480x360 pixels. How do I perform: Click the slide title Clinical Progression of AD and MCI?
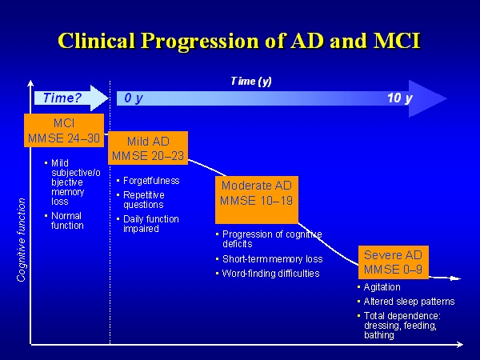coord(240,41)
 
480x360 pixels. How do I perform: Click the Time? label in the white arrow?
coord(63,98)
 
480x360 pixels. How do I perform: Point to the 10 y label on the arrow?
coord(399,98)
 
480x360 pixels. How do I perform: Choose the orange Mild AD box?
coord(147,149)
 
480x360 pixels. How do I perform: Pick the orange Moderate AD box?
coord(257,198)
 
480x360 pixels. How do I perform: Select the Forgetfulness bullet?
coord(151,181)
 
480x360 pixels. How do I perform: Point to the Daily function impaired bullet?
coord(150,224)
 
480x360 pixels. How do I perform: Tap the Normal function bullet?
coord(67,221)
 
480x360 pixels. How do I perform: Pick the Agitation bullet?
coord(382,287)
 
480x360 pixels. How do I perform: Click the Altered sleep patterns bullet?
coord(409,302)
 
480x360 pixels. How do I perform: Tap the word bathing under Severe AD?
coord(379,335)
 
